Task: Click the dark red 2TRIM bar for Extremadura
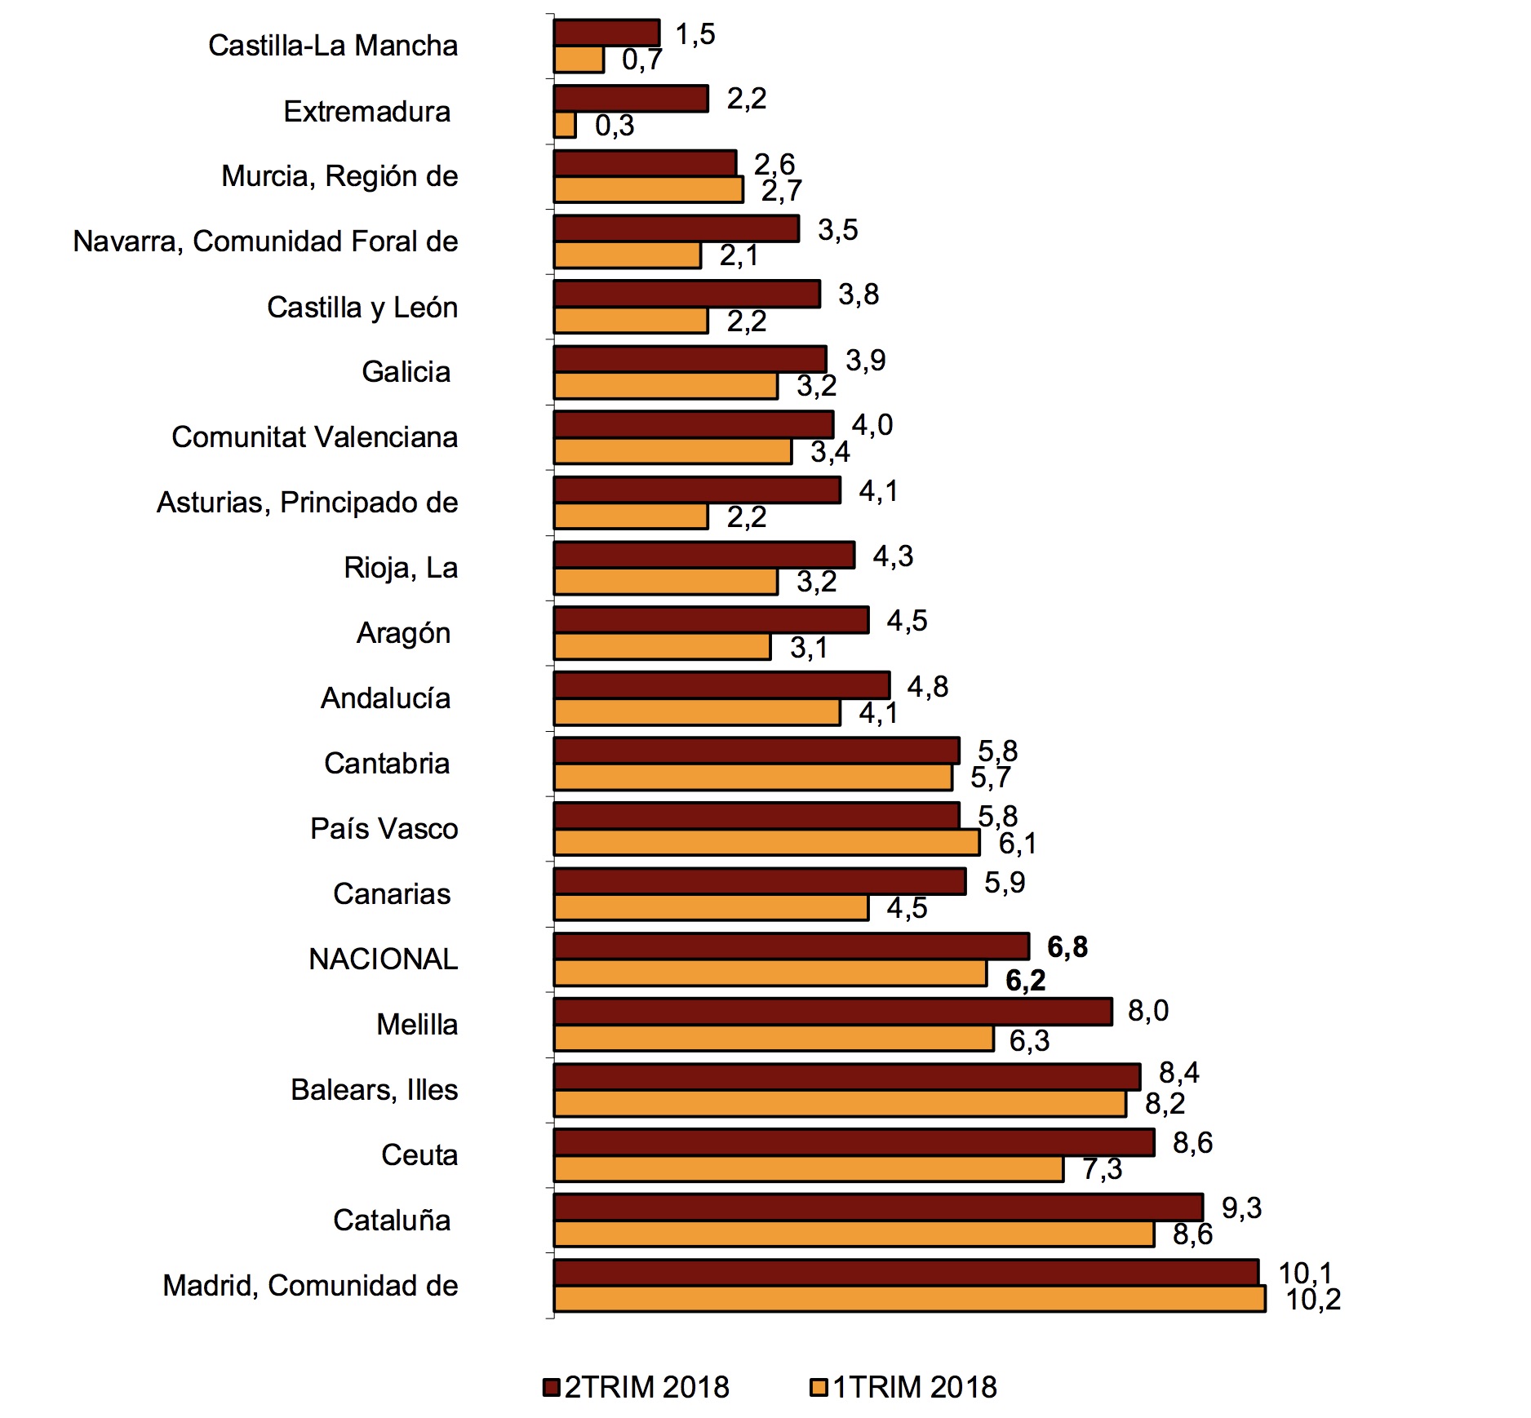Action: [630, 99]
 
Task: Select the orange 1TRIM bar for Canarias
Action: [710, 908]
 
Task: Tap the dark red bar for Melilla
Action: [832, 1012]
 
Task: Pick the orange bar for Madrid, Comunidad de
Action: [909, 1299]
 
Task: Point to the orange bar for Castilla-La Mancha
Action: [579, 60]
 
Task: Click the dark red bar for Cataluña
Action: [878, 1208]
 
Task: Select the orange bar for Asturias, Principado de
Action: [630, 516]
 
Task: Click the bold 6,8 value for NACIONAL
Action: [1067, 947]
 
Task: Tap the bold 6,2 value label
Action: [1025, 980]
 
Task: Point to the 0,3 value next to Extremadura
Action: [615, 126]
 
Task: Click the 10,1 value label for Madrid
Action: [1305, 1273]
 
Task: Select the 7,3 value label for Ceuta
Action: [1103, 1169]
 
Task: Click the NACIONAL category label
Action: [384, 959]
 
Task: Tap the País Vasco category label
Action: [384, 829]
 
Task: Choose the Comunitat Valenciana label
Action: [315, 437]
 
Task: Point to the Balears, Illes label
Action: [375, 1090]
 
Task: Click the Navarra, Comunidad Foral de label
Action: [266, 242]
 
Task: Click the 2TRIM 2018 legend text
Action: [646, 1387]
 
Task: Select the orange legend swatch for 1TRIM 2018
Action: [819, 1387]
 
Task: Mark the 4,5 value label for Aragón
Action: [907, 621]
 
